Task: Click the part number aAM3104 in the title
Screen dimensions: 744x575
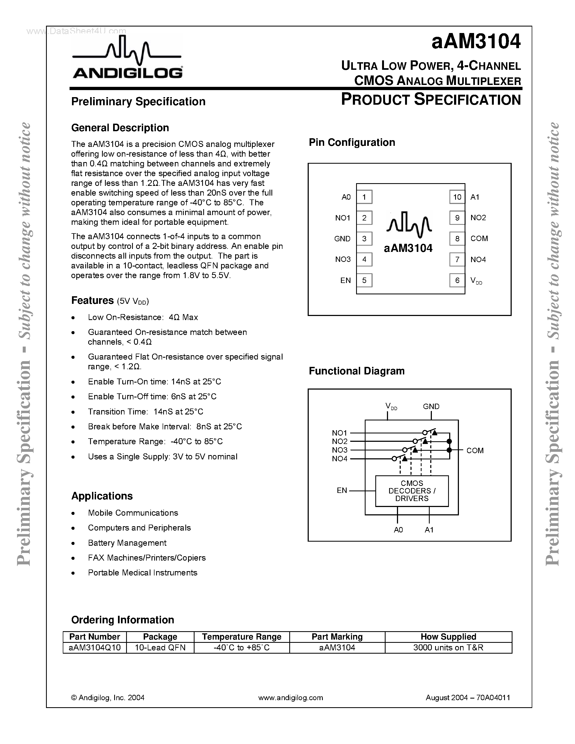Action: point(476,42)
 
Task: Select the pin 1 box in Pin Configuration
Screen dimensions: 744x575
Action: point(364,197)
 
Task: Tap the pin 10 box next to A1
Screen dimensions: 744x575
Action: point(457,197)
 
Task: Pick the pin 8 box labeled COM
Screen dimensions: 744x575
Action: point(457,238)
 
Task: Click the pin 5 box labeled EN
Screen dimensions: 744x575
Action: point(364,280)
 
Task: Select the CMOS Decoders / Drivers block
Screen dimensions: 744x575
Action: point(412,491)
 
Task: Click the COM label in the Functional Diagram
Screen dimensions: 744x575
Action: point(475,450)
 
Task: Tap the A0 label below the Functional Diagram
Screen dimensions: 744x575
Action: point(398,530)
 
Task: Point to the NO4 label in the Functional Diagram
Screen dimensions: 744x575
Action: point(340,459)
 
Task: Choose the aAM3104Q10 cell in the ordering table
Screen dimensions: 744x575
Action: point(95,648)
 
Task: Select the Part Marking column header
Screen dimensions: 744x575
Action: point(337,637)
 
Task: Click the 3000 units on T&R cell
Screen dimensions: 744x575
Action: point(448,648)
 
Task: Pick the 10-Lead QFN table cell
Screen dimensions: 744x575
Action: point(160,648)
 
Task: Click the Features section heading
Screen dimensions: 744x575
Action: point(92,301)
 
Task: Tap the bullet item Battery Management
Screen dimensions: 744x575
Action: point(127,543)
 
